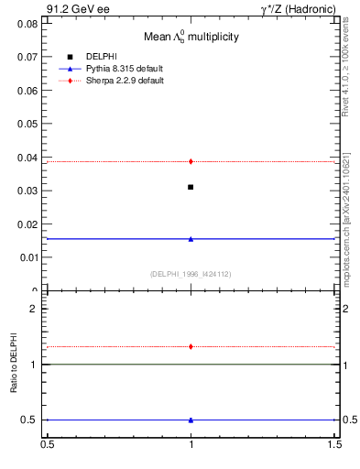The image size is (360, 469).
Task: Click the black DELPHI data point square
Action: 191,187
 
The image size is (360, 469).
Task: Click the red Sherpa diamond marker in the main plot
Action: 191,161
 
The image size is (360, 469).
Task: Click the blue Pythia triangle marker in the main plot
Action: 191,239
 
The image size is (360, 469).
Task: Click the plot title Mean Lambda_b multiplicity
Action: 191,38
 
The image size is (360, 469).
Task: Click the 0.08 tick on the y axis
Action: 31,23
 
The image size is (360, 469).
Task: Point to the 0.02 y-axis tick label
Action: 31,224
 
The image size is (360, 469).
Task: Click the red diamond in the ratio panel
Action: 191,346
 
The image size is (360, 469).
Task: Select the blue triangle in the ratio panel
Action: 191,420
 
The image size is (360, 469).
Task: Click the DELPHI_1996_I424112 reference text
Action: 191,273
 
